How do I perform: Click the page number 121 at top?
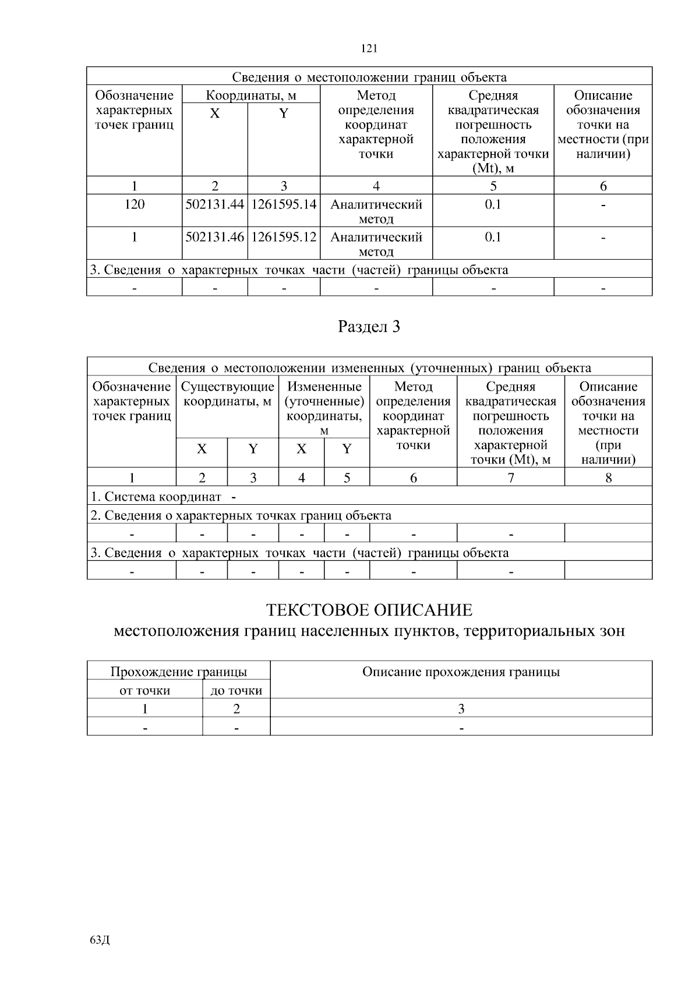click(x=369, y=49)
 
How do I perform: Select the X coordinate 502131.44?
click(x=214, y=205)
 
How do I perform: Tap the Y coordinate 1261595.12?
click(x=284, y=238)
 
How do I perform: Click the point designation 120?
click(x=135, y=205)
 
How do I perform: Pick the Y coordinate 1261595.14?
click(x=284, y=205)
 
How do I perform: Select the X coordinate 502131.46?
click(x=214, y=238)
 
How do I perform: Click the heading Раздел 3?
click(x=369, y=327)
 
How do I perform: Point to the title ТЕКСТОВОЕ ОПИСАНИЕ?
click(x=369, y=610)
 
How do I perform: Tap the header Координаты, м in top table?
click(x=251, y=95)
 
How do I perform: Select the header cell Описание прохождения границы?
click(x=461, y=672)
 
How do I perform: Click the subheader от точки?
click(x=144, y=691)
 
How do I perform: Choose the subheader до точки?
click(x=236, y=691)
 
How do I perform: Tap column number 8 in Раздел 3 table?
click(x=608, y=478)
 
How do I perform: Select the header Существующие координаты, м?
click(x=227, y=394)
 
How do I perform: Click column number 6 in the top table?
click(x=603, y=186)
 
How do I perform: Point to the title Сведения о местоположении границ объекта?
click(x=369, y=77)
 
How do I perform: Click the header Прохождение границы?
click(x=179, y=672)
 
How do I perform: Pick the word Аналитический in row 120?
click(x=376, y=205)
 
